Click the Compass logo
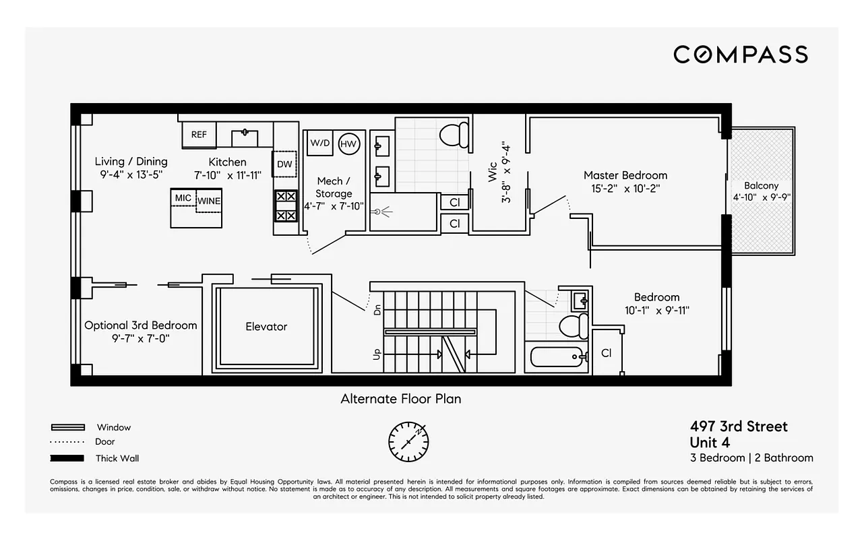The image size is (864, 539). (x=740, y=55)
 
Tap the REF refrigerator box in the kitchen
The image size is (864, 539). (x=199, y=135)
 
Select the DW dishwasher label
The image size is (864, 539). (x=284, y=164)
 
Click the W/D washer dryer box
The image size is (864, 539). (x=319, y=144)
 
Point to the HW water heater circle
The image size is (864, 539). (x=348, y=144)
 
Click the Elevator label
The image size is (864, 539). (x=266, y=327)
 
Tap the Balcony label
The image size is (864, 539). (x=761, y=186)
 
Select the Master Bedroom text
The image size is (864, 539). (x=625, y=175)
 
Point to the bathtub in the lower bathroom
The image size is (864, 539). (x=557, y=356)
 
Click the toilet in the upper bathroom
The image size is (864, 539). (x=454, y=134)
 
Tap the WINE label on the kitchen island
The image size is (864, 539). (x=209, y=201)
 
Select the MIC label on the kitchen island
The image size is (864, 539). (x=183, y=198)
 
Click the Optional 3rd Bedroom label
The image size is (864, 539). (x=141, y=325)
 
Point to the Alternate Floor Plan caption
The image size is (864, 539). (x=400, y=399)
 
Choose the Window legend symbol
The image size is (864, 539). (x=68, y=427)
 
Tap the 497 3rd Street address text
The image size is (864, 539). (x=738, y=426)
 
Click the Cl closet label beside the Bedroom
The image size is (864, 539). (x=606, y=353)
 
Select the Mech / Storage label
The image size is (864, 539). (x=334, y=187)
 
